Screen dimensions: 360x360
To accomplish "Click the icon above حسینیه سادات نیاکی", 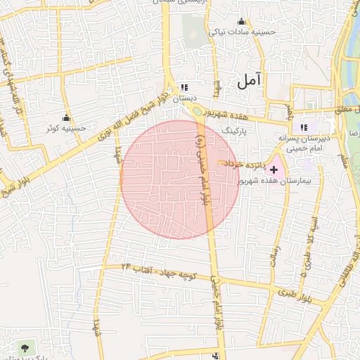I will [242, 21].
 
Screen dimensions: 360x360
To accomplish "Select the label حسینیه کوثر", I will [66, 129].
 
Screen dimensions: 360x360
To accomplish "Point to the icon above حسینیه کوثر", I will [67, 117].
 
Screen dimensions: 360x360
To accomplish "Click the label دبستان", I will [185, 98].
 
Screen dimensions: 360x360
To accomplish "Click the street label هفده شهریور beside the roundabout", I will [232, 114].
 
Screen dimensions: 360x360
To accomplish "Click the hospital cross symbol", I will [274, 170].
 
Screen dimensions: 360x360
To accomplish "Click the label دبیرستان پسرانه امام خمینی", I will [304, 145].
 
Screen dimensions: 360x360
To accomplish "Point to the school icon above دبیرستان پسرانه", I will [304, 127].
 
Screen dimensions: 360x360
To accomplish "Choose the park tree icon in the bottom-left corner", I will [26, 347].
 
